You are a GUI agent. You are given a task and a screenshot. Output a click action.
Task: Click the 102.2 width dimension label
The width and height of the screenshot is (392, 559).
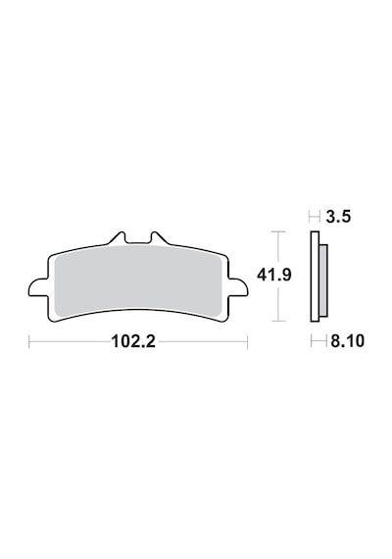133,341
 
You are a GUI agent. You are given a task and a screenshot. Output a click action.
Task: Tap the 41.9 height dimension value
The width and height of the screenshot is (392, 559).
274,275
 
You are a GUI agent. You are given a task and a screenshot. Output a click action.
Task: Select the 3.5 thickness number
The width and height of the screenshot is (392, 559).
338,217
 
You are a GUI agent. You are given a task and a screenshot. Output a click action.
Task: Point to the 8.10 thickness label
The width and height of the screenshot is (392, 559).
348,341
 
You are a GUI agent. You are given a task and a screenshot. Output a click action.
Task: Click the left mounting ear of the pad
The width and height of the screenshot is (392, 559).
38,287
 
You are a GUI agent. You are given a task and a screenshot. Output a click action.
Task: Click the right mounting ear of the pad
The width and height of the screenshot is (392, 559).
238,287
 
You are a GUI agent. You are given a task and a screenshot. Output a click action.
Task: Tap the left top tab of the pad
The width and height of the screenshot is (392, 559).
118,238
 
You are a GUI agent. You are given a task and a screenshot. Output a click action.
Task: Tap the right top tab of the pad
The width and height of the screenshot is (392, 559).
159,238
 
